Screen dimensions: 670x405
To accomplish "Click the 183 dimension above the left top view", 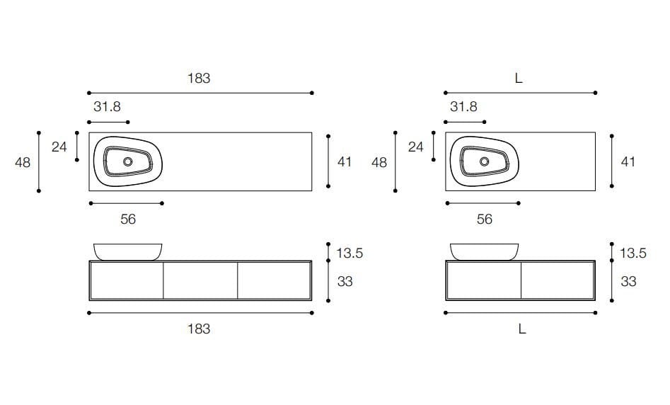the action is click(x=199, y=79).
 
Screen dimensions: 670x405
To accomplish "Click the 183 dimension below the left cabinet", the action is click(x=199, y=329).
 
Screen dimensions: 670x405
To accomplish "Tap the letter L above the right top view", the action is click(x=519, y=79).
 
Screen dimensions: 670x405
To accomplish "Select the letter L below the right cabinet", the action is click(x=521, y=329).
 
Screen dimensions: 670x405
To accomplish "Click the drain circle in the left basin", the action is click(x=128, y=161).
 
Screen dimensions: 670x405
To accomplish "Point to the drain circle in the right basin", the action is click(x=484, y=161).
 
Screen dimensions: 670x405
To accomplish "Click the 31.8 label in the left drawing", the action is click(x=107, y=106).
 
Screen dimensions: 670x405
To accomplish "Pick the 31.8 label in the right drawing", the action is click(x=463, y=106).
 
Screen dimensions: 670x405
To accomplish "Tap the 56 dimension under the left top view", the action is click(x=128, y=219).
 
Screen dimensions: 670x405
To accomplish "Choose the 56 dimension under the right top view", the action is click(x=484, y=219).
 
